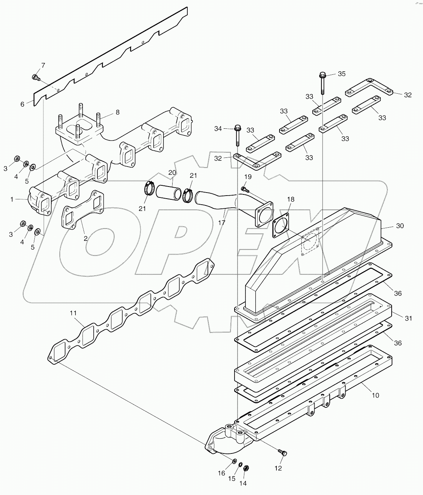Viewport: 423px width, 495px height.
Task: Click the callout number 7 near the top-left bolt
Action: [43, 65]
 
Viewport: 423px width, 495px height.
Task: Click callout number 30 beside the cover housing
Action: [400, 226]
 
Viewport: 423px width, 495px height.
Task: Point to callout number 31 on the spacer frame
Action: [408, 319]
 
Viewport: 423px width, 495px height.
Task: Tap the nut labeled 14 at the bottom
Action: [246, 467]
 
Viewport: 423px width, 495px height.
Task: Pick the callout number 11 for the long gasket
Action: [73, 313]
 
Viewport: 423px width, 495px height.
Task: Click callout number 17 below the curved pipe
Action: [222, 223]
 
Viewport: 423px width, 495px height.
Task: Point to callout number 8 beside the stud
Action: [117, 112]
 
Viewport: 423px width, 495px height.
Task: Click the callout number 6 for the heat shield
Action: [22, 104]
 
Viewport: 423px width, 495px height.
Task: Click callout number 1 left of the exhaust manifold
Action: [12, 199]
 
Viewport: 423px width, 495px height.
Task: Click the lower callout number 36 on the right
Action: [398, 343]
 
